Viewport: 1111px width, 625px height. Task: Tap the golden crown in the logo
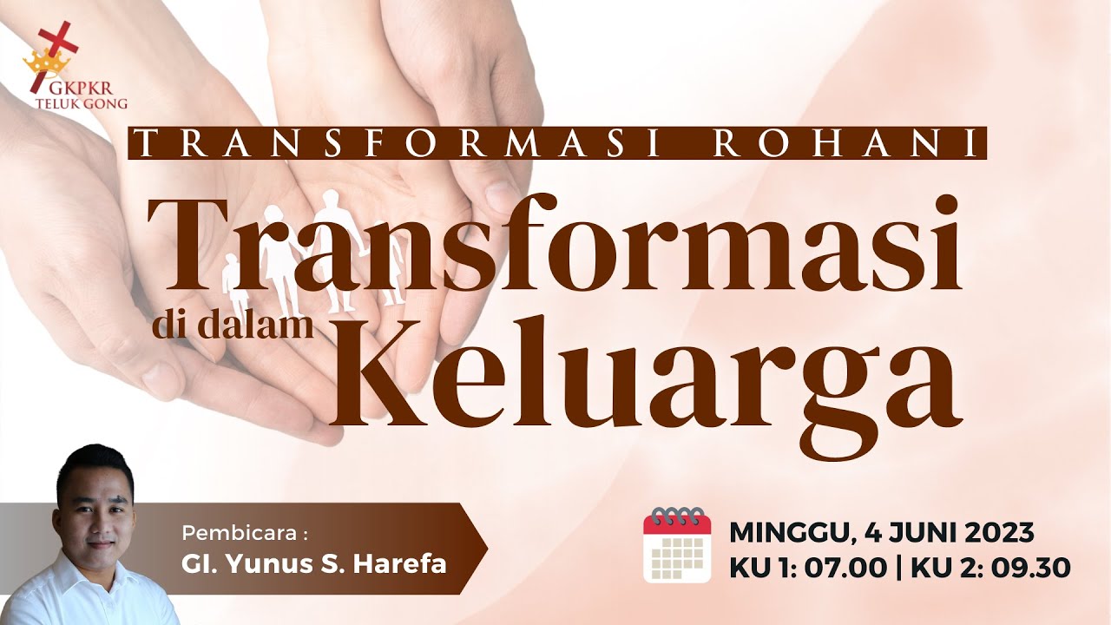pos(41,62)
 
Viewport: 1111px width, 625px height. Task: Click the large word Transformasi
pos(555,247)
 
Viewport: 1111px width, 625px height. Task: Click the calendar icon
pos(677,544)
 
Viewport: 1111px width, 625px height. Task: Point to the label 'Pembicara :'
pos(245,531)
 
